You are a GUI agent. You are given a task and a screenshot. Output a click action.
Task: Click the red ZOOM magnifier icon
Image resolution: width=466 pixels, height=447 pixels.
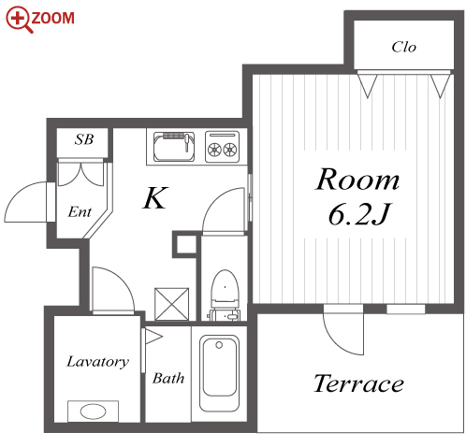(x=20, y=20)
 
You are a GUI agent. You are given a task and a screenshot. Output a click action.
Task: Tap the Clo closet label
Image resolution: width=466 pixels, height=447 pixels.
(x=403, y=47)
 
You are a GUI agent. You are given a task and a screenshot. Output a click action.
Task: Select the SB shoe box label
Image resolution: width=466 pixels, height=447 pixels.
(x=84, y=139)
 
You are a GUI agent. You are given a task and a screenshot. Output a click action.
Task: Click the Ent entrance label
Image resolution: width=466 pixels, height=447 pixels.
(x=80, y=212)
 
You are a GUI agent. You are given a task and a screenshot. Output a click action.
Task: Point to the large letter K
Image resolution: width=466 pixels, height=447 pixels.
(x=155, y=197)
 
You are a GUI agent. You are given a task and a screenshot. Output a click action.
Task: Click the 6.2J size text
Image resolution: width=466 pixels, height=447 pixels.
(x=359, y=214)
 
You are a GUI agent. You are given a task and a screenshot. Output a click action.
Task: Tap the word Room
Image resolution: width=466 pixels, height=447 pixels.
(x=357, y=180)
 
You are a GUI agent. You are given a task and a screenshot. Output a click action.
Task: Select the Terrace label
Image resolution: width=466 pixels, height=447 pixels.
(x=358, y=383)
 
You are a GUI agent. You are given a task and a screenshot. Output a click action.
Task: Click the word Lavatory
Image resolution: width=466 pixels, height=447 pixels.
(x=97, y=362)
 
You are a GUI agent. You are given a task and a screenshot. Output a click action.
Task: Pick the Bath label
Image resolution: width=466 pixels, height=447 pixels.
(x=168, y=378)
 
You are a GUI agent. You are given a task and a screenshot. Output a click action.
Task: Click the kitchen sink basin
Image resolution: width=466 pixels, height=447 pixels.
(x=174, y=147)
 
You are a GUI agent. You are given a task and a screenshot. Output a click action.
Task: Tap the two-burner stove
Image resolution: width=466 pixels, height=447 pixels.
(x=222, y=147)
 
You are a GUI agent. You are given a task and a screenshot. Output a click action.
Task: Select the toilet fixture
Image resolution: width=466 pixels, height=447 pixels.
(x=225, y=295)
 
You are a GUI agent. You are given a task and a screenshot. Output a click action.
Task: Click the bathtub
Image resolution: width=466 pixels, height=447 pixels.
(x=219, y=373)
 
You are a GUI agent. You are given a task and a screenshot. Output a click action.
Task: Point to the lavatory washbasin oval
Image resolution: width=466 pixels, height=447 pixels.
(x=93, y=411)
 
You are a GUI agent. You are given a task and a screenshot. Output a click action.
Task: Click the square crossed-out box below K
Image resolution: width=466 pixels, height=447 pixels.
(x=172, y=304)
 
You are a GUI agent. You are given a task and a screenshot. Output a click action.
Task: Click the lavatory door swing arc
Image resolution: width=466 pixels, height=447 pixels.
(x=124, y=279)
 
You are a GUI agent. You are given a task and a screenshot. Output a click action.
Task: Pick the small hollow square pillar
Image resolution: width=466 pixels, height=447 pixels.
(x=185, y=244)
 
